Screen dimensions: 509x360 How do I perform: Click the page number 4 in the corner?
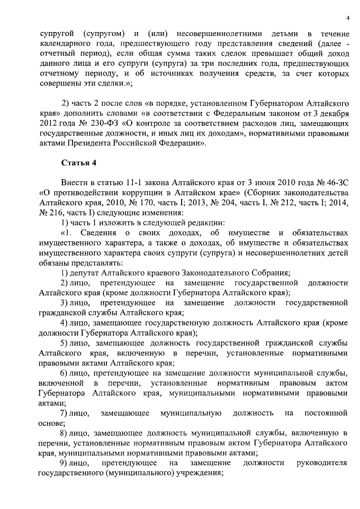click(x=348, y=18)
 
